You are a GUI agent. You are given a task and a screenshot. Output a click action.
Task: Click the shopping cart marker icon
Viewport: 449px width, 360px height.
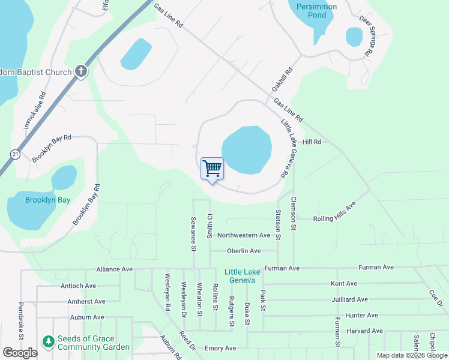212,169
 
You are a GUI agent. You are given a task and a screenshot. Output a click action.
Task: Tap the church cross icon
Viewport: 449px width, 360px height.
81,72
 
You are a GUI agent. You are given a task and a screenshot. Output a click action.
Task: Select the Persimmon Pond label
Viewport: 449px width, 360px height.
313,11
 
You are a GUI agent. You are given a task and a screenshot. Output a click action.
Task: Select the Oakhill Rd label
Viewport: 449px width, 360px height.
282,79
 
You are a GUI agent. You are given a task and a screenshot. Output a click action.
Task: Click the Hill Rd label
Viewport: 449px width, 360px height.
312,142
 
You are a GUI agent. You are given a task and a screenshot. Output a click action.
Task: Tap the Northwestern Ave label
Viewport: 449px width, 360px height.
244,235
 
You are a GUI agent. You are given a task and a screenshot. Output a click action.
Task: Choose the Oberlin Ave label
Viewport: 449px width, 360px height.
244,251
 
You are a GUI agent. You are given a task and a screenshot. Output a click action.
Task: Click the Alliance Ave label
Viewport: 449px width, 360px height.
114,269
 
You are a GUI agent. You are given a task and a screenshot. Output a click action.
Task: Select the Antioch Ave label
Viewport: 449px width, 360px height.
78,286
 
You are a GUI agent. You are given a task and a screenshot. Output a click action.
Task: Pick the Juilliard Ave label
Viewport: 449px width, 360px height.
349,299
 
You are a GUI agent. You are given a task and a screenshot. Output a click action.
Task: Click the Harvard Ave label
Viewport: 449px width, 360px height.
364,331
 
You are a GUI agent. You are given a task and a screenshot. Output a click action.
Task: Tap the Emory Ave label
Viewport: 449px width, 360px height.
220,348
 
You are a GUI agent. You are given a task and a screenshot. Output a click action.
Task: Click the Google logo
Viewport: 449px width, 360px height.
20,353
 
